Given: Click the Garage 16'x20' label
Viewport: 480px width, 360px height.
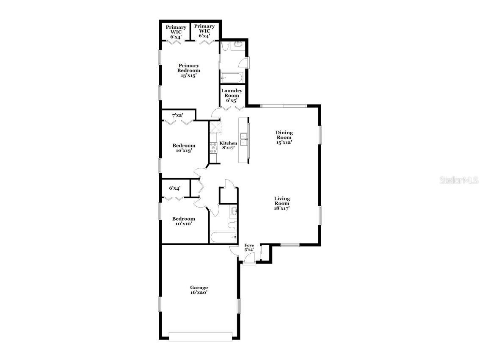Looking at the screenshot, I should point(199,290).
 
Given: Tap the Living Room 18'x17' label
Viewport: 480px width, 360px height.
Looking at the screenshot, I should point(282,203).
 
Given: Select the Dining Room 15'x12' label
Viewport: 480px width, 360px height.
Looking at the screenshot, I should point(284,137).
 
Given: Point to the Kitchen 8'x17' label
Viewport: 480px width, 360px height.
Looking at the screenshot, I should point(228,145).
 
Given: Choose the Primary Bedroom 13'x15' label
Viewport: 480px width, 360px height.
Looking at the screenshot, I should point(189,70).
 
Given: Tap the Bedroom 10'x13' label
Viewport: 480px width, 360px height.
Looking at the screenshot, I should point(184,148).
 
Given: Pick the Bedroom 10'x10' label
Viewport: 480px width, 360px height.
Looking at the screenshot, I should point(183,221).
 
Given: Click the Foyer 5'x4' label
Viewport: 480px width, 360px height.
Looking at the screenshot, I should point(249,247).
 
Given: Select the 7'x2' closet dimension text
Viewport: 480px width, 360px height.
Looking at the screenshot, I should point(177,115).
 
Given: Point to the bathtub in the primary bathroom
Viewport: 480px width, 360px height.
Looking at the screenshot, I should point(231,78).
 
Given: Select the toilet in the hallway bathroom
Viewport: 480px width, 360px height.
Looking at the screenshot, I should point(231,224).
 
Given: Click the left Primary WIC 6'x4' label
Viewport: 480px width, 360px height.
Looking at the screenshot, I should point(176,32).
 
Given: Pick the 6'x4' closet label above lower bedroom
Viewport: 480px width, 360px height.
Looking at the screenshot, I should point(175,188).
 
